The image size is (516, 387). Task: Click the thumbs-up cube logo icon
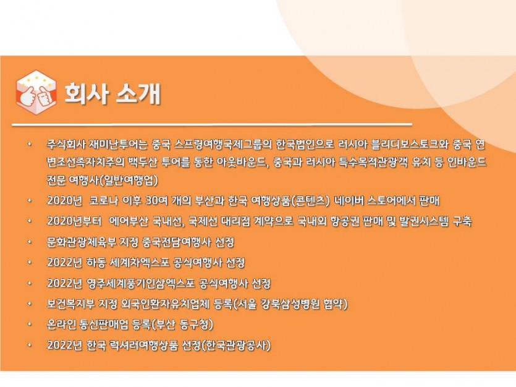pos(36,93)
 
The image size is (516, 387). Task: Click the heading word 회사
pos(87,93)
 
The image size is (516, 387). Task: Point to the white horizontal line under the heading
pos(212,124)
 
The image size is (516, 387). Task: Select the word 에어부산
pos(129,221)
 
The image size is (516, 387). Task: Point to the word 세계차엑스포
pos(136,263)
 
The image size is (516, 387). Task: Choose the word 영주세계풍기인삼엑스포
pos(140,283)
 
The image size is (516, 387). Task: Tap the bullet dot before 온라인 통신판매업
pos(30,325)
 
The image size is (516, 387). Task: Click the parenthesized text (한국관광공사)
pos(236,345)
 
